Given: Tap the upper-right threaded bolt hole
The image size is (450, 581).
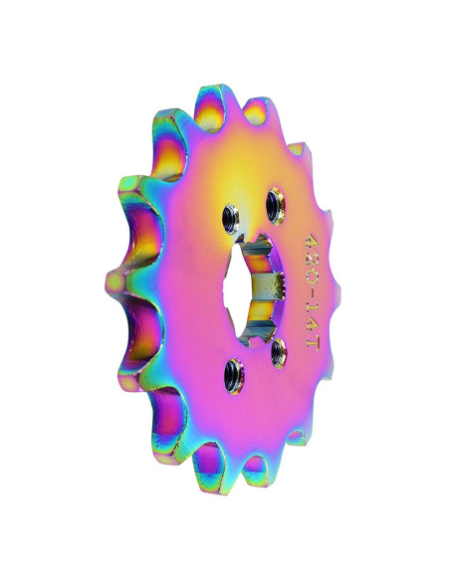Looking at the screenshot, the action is pyautogui.click(x=276, y=206).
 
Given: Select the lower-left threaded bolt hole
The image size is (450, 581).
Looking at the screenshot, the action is pyautogui.click(x=234, y=376).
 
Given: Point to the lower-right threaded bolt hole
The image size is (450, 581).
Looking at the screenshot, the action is pyautogui.click(x=279, y=354).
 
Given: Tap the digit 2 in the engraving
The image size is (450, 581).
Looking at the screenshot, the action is pyautogui.click(x=312, y=258).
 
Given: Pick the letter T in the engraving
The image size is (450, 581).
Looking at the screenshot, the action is pyautogui.click(x=312, y=341).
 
